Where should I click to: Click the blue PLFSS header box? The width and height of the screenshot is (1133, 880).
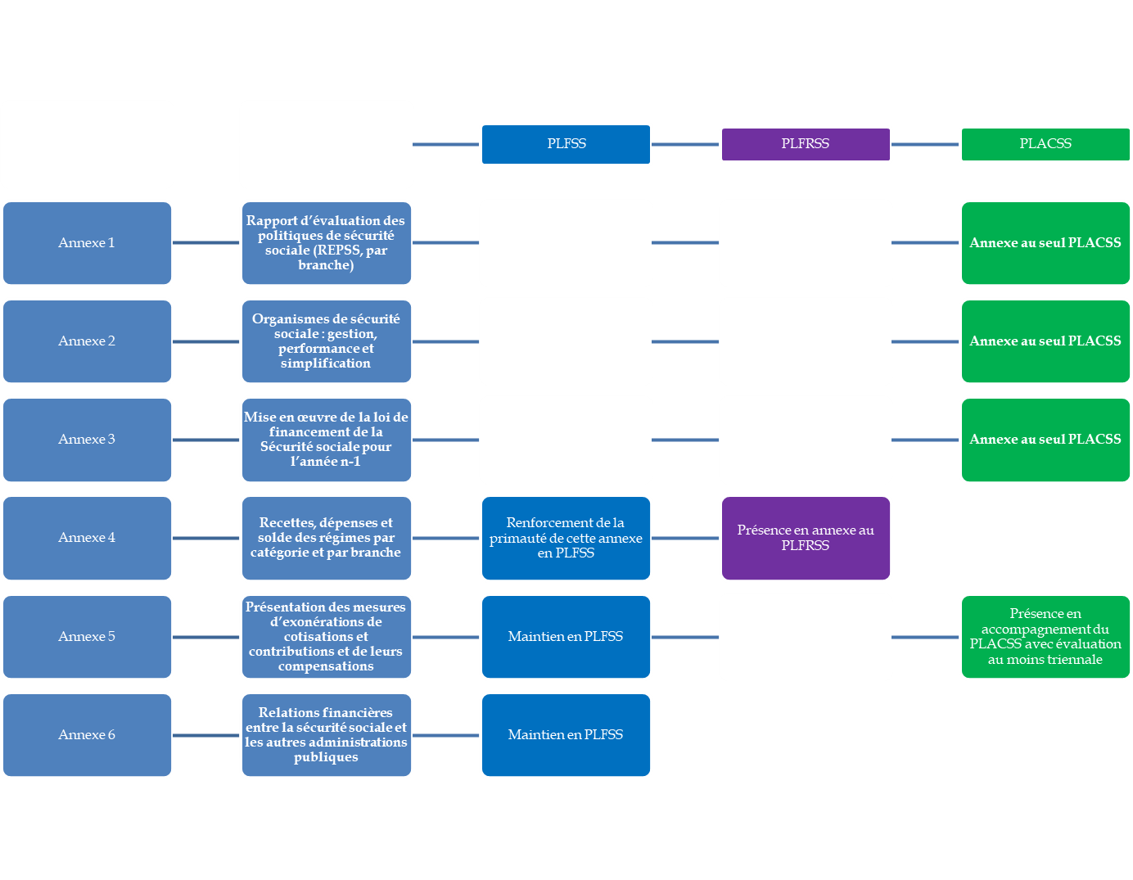pos(566,144)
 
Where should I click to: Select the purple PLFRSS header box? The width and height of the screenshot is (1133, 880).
pos(806,144)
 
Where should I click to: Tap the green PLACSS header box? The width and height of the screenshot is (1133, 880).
pos(1045,144)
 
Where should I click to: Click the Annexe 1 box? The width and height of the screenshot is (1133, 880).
pos(87,243)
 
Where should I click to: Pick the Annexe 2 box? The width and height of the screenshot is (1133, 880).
pos(87,341)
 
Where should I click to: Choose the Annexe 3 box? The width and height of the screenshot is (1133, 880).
pos(87,440)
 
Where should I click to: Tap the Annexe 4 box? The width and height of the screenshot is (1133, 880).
pos(87,538)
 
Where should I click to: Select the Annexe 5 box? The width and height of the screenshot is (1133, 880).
pos(87,637)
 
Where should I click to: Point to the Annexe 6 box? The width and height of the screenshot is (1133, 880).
pos(87,735)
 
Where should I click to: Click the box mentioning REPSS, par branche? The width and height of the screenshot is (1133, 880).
pos(326,243)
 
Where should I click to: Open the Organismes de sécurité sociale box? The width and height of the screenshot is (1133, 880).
pos(326,341)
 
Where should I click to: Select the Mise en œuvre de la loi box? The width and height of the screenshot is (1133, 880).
pos(326,440)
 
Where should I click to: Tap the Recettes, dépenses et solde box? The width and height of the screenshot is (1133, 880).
pos(326,538)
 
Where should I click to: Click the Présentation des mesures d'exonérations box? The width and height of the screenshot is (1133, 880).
pos(326,637)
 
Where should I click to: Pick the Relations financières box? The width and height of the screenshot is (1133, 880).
pos(326,735)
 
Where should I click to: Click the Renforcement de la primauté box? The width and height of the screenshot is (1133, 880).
pos(566,538)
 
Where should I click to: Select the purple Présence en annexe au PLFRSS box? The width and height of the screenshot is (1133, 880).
pos(806,538)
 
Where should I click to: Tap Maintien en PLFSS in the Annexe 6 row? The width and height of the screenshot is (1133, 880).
pos(566,735)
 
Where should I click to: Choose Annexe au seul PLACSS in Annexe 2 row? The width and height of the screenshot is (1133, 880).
pos(1045,341)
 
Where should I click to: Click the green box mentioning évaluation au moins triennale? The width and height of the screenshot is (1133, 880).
pos(1045,637)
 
